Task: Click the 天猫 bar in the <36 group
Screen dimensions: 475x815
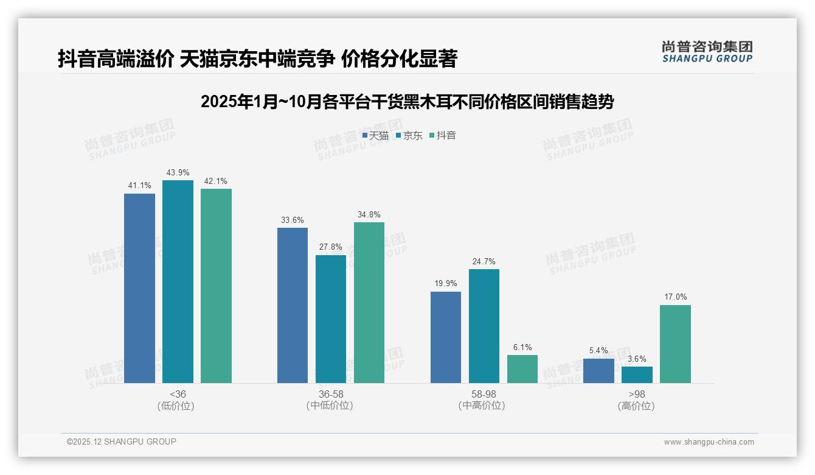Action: (x=139, y=288)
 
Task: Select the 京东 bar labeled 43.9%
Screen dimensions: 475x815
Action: (x=178, y=281)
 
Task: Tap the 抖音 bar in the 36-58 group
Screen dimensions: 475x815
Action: (x=369, y=303)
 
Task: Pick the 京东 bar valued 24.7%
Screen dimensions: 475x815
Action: (x=484, y=326)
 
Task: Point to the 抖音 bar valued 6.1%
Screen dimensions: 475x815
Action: (x=522, y=369)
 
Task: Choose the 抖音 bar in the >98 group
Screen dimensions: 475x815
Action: (x=675, y=344)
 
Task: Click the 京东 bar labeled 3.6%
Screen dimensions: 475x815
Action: (x=637, y=375)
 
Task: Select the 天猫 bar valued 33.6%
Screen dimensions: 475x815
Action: (x=293, y=305)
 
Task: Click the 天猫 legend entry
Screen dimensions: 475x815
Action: (x=375, y=136)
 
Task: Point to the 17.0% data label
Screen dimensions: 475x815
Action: (x=675, y=297)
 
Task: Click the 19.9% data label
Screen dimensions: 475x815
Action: (x=446, y=283)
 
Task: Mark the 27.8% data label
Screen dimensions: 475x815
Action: (x=331, y=247)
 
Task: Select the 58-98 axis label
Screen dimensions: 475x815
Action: (x=484, y=394)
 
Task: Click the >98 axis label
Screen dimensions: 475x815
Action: (x=637, y=394)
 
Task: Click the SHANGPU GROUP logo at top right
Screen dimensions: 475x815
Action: (x=707, y=52)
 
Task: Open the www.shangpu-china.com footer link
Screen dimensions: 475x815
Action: (x=709, y=442)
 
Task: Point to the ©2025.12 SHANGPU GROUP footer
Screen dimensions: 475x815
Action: (x=122, y=442)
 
